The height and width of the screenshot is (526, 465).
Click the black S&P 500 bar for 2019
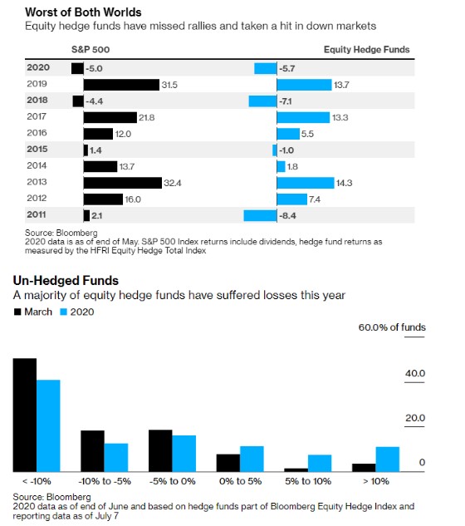click(x=121, y=85)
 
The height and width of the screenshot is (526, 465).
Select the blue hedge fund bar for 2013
click(x=306, y=183)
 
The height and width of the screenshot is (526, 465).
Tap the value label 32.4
click(x=173, y=183)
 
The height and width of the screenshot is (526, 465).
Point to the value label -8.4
click(x=287, y=216)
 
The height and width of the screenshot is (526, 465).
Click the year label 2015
click(x=37, y=149)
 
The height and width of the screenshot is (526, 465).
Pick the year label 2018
click(x=37, y=100)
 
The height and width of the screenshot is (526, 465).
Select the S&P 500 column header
click(x=91, y=50)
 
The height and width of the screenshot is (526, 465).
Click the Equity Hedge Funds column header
click(x=366, y=50)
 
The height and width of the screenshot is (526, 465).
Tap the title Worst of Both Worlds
click(x=83, y=12)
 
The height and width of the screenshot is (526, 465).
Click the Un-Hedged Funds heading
click(x=66, y=280)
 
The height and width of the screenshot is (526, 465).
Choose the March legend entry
click(x=33, y=312)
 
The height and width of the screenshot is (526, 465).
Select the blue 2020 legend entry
click(x=76, y=312)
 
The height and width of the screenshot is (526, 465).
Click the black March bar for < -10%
click(x=25, y=415)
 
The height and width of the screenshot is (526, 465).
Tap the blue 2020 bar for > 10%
click(x=388, y=460)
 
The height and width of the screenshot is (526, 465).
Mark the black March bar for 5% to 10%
click(x=296, y=470)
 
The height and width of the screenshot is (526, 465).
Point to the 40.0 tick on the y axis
click(x=414, y=373)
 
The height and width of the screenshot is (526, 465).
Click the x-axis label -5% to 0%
click(x=173, y=481)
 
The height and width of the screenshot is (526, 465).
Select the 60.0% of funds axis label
click(x=392, y=327)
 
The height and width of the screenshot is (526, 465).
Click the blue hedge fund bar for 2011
click(x=260, y=216)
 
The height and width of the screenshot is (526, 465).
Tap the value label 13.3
click(x=340, y=118)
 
